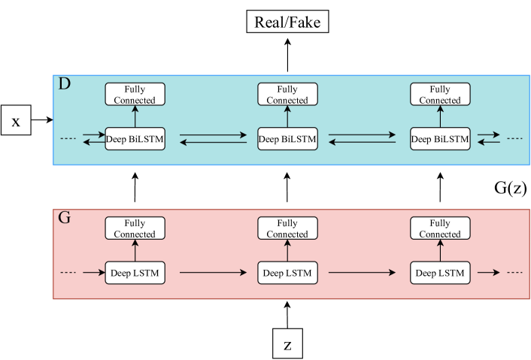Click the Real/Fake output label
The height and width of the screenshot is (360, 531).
pos(287,23)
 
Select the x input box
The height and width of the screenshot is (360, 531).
pos(16,120)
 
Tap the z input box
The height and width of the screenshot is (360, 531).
pos(287,345)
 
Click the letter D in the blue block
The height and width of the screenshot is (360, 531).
pos(65,84)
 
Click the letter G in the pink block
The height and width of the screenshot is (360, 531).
pos(65,219)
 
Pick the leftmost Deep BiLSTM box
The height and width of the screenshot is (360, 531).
pos(135,138)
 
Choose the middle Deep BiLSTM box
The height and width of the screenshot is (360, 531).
pos(287,138)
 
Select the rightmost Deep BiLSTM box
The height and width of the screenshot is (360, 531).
pos(440,138)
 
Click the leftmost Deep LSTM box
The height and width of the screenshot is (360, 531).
pos(135,272)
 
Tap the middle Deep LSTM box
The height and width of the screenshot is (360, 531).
pos(287,272)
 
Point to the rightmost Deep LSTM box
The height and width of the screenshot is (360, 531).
pos(440,272)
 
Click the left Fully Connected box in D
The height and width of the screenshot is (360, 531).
pos(135,95)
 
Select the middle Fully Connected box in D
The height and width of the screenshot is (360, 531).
pos(287,95)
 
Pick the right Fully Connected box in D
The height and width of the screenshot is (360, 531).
pos(440,95)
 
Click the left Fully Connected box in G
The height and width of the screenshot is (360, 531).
pos(135,228)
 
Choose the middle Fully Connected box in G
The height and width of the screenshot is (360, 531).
pos(287,228)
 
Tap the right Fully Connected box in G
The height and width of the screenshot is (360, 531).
pos(440,228)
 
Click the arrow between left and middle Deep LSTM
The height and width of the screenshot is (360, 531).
pos(211,272)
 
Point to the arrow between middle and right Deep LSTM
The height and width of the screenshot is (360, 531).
pos(364,272)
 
